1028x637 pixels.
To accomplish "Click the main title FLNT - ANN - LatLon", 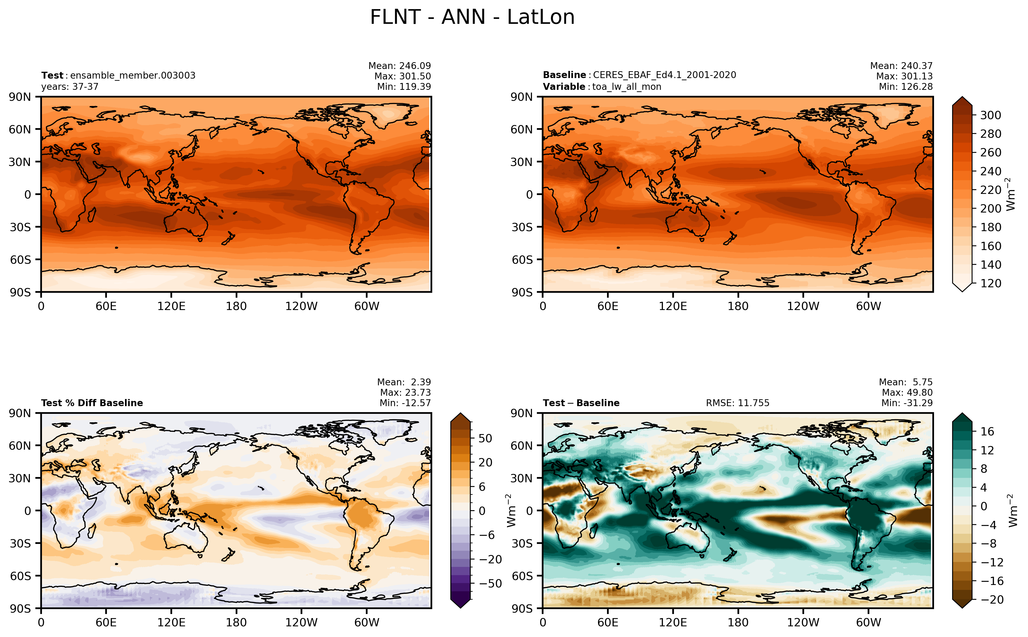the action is (472, 17).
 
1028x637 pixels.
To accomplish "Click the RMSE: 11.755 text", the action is (737, 403).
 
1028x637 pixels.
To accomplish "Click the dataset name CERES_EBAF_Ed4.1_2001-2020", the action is (664, 75).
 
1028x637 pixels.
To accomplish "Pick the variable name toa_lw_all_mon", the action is (627, 87).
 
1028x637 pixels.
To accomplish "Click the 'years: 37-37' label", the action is (70, 87).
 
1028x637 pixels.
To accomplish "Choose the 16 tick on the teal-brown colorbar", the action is (987, 431).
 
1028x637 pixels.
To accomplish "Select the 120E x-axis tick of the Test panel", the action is (171, 306).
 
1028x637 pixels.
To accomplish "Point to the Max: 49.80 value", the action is (907, 392).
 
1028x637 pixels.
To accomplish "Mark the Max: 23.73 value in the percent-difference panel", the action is (405, 392).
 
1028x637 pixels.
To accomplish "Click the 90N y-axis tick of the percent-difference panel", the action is (20, 413).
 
